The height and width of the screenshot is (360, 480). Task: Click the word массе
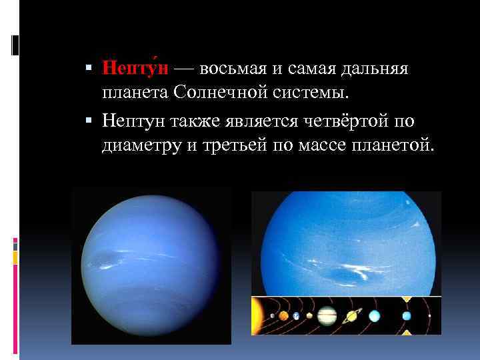331,144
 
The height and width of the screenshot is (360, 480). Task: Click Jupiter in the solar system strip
327,315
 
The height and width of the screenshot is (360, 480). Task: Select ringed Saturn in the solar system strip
351,315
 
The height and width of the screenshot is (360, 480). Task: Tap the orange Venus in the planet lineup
283,315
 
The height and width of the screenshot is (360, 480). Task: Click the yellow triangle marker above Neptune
406,298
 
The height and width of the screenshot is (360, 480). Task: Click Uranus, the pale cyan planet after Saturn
375,315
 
